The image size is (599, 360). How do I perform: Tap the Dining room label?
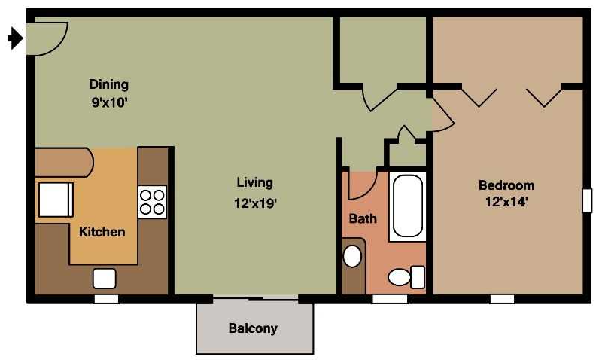click(109, 84)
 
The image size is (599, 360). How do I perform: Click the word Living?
click(254, 182)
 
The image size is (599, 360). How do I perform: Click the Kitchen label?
click(102, 232)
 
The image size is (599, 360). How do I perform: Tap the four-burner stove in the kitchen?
click(152, 201)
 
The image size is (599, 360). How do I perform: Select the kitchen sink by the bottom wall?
click(104, 278)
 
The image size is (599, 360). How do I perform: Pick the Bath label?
click(363, 219)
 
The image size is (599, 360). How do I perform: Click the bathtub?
click(408, 206)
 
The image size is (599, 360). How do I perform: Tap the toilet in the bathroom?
click(406, 276)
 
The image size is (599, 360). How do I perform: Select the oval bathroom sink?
click(352, 255)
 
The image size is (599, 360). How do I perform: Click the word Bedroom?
click(506, 185)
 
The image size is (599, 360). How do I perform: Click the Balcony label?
click(253, 328)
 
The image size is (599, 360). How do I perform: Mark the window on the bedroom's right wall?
click(587, 200)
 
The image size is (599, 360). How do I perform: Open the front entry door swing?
click(47, 38)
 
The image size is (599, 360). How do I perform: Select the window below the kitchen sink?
click(106, 299)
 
